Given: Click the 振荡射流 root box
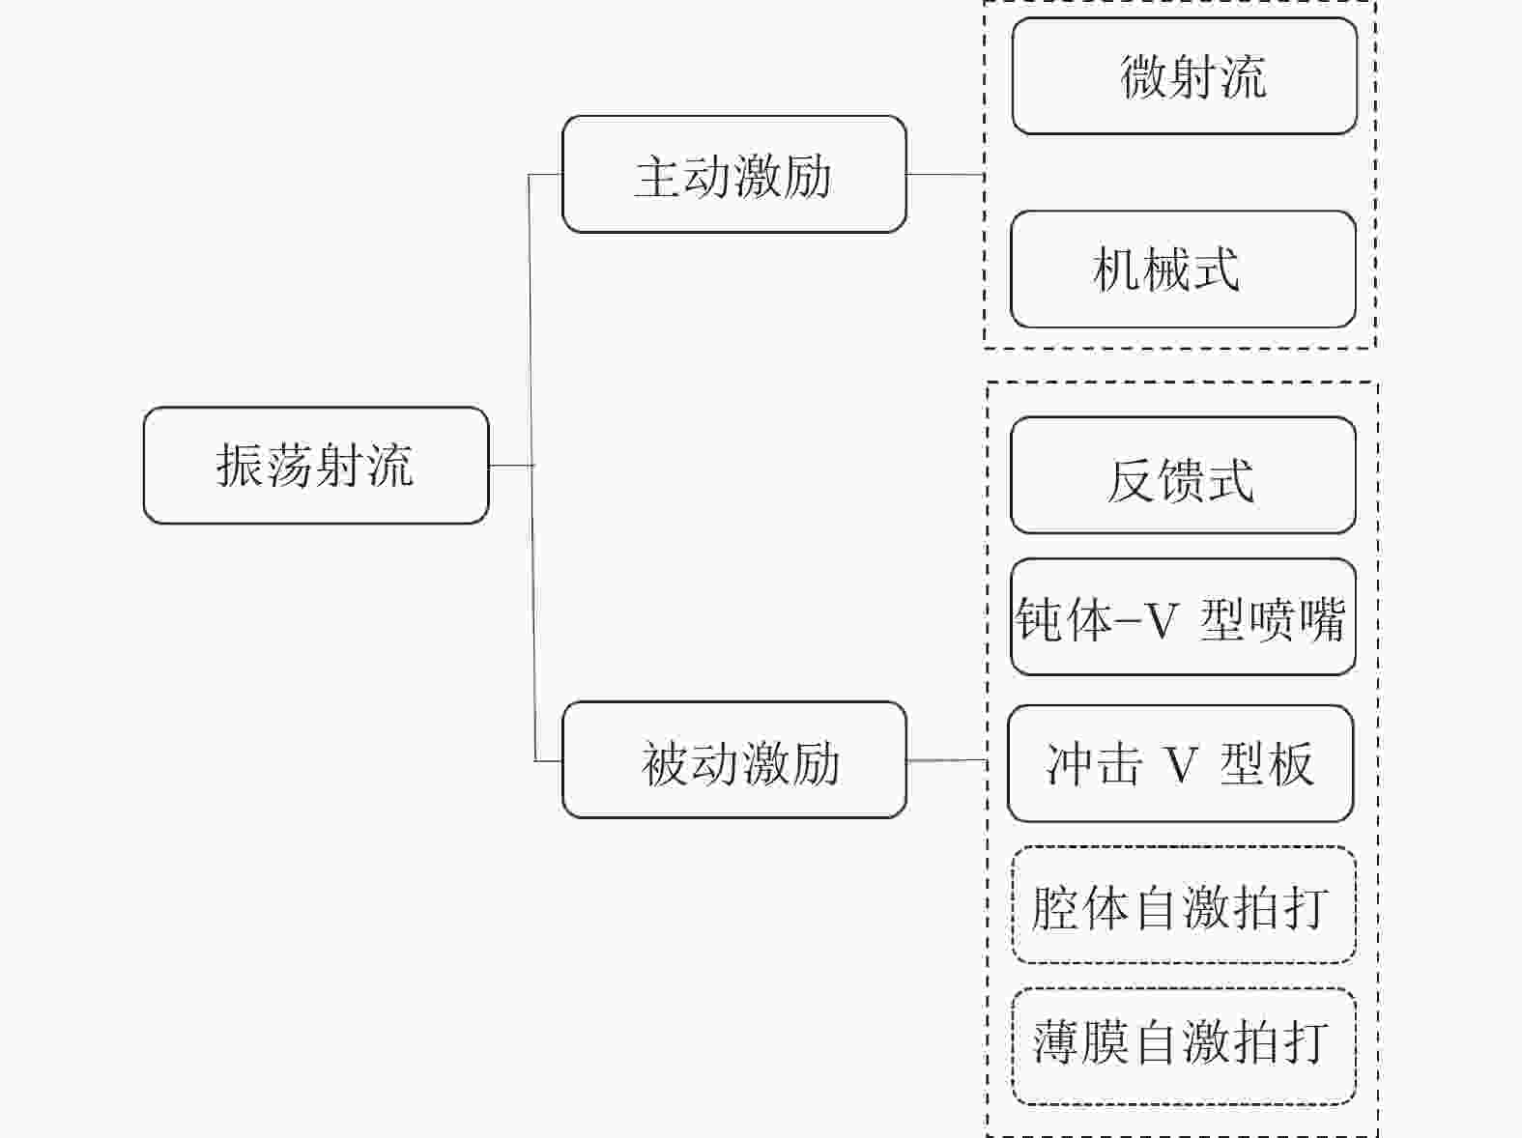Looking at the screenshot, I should (x=316, y=466).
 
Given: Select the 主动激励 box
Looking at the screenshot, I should (x=733, y=175).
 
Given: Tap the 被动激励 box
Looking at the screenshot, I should (x=733, y=760).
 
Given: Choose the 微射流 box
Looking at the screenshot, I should (x=1184, y=76).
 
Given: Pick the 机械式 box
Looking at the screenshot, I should (x=1183, y=270).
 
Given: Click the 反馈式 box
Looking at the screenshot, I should (x=1183, y=476).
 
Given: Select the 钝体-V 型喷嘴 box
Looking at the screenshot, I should (x=1183, y=617).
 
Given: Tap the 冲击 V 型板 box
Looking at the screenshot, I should (x=1180, y=764).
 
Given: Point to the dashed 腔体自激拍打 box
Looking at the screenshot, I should (x=1183, y=905).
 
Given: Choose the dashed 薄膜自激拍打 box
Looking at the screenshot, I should (x=1183, y=1046).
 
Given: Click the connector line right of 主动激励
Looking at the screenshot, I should (x=945, y=175).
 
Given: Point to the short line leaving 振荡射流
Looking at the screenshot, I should (x=509, y=466).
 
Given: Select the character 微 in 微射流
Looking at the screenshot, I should (x=1143, y=76).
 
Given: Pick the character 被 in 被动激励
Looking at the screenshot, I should (x=665, y=763).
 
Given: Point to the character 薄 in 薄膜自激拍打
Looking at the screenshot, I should (x=1056, y=1043).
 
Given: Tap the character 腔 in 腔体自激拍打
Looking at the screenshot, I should (x=1055, y=907).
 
